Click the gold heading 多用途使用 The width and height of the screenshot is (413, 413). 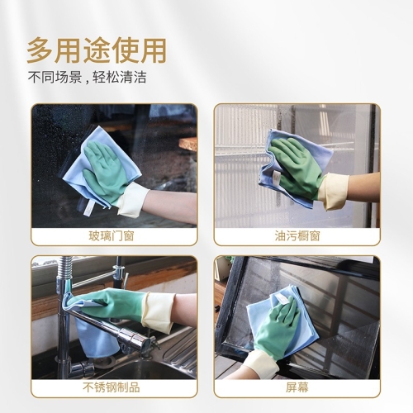pyautogui.click(x=97, y=51)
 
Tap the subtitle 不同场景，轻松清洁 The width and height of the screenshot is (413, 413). pyautogui.click(x=87, y=78)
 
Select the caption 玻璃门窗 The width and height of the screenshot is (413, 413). pyautogui.click(x=112, y=236)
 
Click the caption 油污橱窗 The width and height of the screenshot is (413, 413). pyautogui.click(x=297, y=236)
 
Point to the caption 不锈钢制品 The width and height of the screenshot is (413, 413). pyautogui.click(x=112, y=387)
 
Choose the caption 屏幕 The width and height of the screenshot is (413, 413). pyautogui.click(x=297, y=387)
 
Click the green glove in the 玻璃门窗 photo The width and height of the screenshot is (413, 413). pyautogui.click(x=106, y=171)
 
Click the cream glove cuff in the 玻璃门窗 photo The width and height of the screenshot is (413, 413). pyautogui.click(x=133, y=200)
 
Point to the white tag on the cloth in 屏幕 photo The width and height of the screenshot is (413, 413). pyautogui.click(x=282, y=299)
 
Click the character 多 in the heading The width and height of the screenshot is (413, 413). pyautogui.click(x=40, y=51)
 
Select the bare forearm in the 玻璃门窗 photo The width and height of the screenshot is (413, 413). pyautogui.click(x=171, y=204)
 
